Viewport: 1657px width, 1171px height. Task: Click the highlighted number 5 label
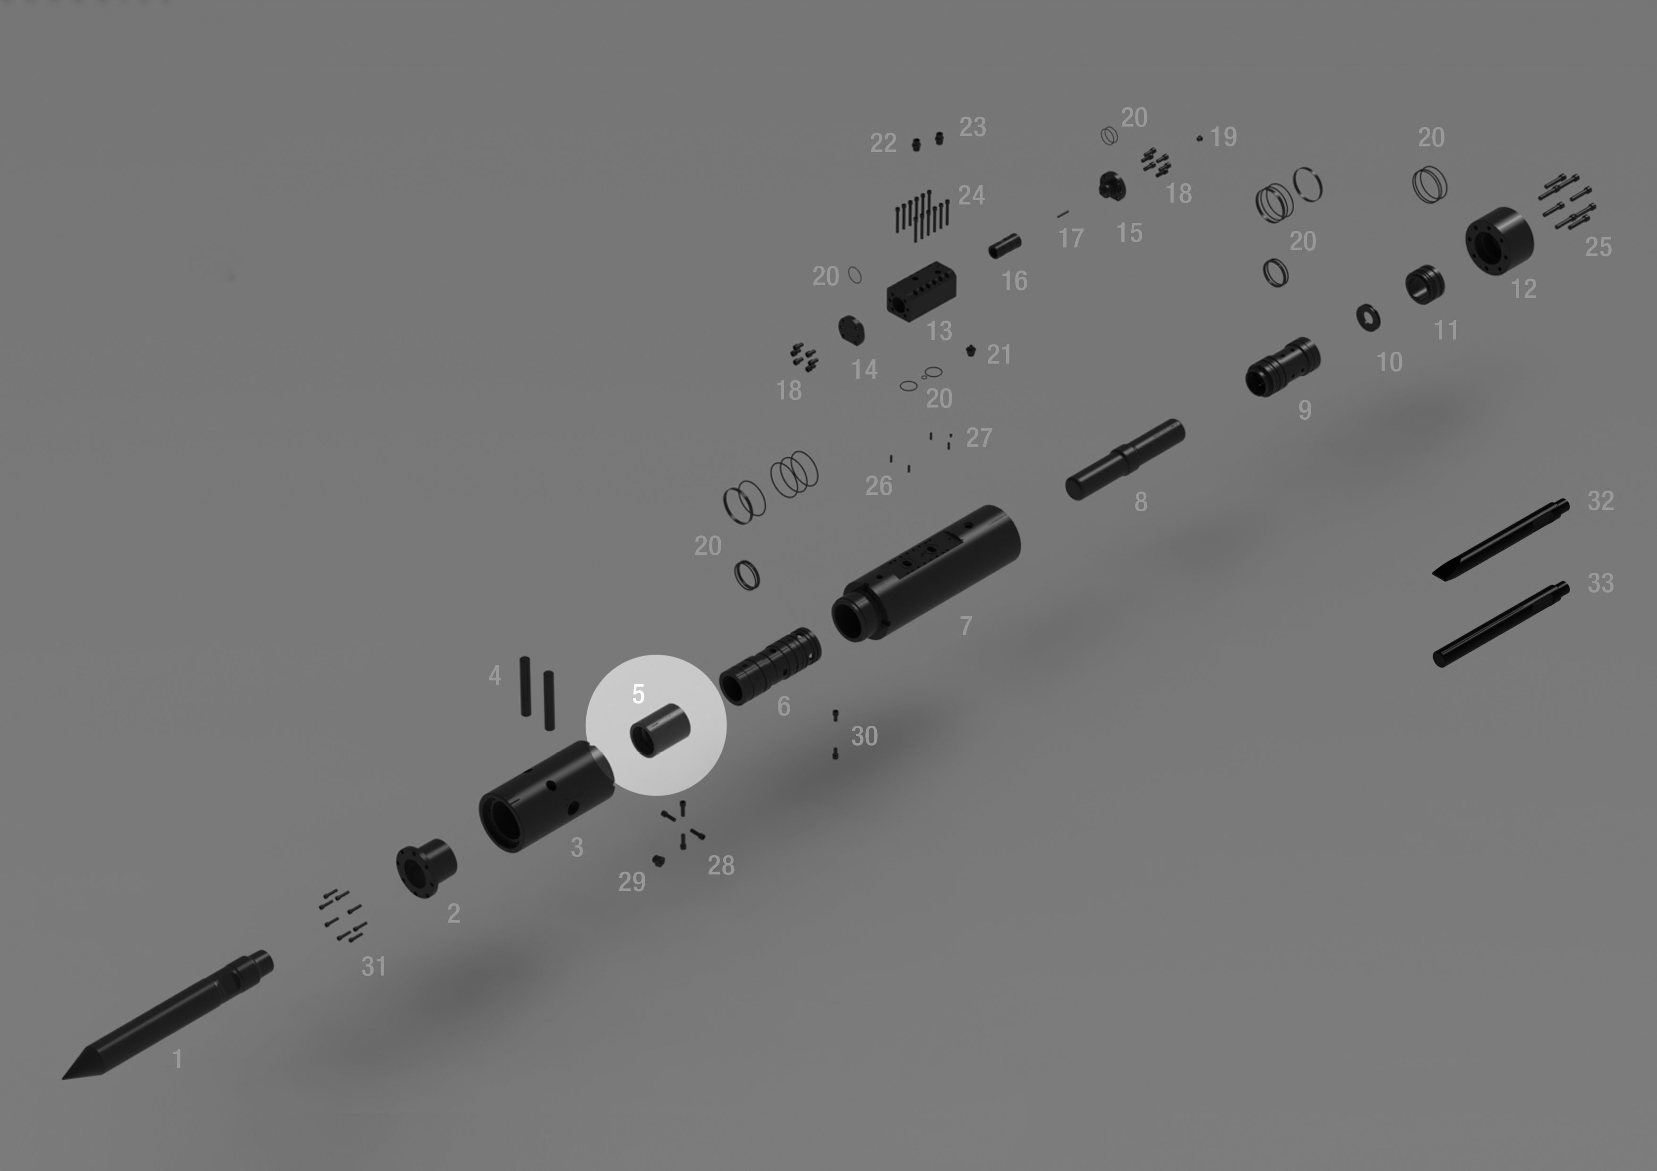click(638, 694)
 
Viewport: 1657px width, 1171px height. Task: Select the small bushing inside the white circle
click(659, 730)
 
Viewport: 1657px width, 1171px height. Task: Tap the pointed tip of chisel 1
click(63, 1078)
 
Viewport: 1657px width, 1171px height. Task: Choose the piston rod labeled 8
click(1124, 459)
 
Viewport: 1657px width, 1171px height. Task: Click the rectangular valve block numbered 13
click(922, 291)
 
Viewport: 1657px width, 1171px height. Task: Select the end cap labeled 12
click(1499, 240)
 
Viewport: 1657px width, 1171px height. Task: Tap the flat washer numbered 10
click(1368, 317)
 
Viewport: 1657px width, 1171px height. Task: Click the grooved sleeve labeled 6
click(770, 666)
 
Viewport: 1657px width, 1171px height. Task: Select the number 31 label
click(373, 967)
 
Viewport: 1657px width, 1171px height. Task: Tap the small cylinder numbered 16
click(1005, 246)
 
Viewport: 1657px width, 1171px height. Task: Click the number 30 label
click(864, 736)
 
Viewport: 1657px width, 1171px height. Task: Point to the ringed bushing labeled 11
click(1425, 284)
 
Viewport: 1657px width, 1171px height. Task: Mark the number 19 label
click(1223, 136)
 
